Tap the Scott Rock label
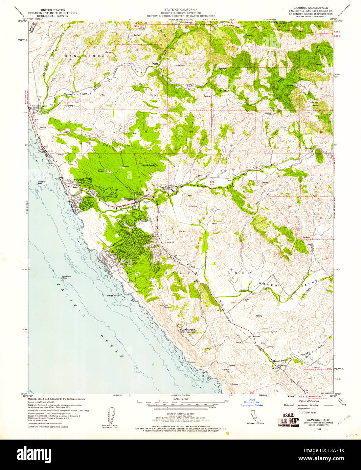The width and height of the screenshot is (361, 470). (x=148, y=165)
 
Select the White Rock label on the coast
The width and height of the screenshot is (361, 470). (x=113, y=296)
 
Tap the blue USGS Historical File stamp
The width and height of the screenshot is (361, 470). (x=251, y=402)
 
